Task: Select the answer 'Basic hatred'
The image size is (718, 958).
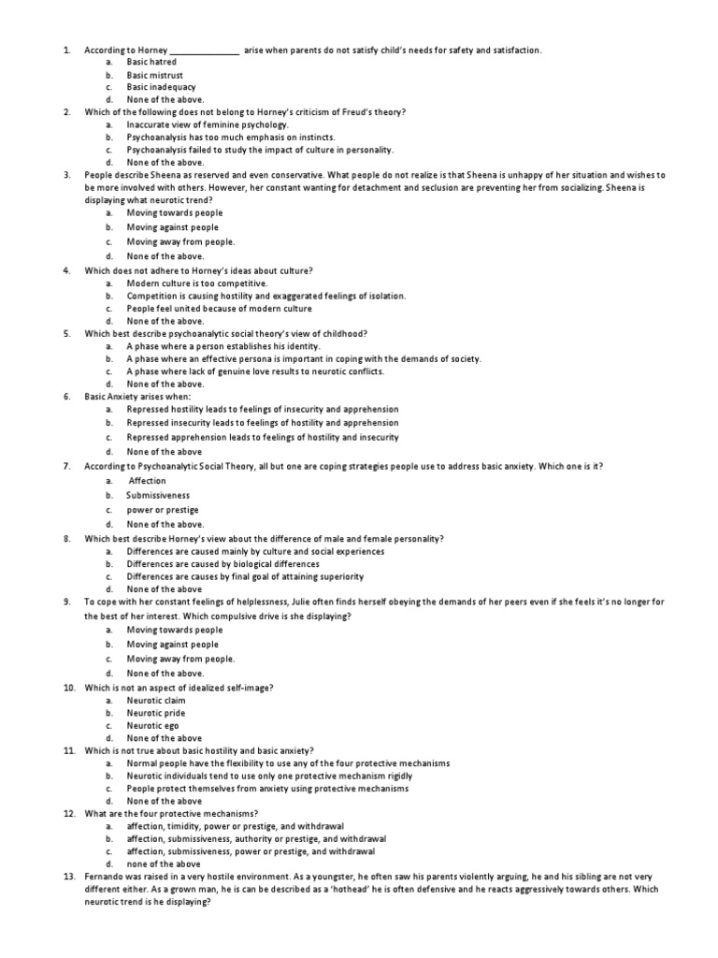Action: click(151, 62)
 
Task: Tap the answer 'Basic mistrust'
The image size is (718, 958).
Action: click(155, 75)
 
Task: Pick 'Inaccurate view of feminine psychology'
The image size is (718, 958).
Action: click(208, 124)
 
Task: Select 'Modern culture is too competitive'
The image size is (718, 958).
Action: click(196, 283)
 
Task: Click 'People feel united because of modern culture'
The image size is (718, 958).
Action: click(219, 308)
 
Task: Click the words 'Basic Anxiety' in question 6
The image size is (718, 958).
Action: click(112, 397)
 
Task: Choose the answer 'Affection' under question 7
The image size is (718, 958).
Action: click(148, 481)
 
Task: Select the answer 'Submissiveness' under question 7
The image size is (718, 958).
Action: click(158, 495)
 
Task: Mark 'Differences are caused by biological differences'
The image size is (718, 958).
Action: click(223, 564)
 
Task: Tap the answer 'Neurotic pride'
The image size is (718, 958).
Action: click(156, 713)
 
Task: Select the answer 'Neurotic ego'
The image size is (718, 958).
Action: click(152, 725)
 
